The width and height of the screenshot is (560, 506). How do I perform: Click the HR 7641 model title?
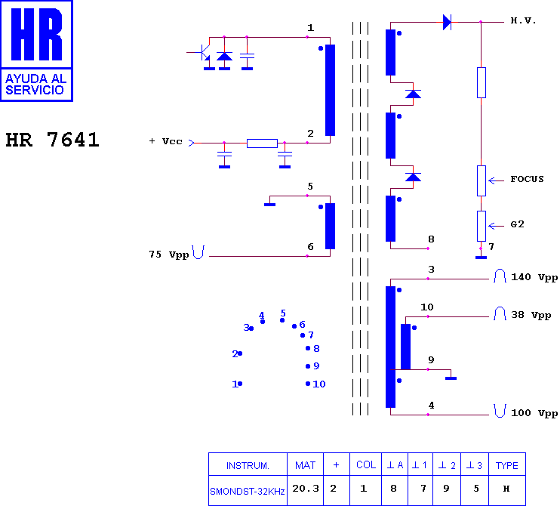(53, 140)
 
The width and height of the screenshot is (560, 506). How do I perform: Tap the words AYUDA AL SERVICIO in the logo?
(35, 85)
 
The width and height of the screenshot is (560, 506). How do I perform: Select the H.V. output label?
(523, 20)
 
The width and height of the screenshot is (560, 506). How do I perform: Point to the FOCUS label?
(527, 179)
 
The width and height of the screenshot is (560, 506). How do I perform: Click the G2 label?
(517, 224)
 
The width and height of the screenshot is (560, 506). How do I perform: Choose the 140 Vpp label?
(534, 277)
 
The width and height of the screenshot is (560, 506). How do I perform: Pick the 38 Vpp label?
(531, 315)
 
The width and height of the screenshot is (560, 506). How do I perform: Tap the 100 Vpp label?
(534, 413)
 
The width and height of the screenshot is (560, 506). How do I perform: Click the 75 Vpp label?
(169, 255)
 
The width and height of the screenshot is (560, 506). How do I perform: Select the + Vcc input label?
(166, 141)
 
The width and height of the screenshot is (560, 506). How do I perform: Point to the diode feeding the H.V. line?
(447, 22)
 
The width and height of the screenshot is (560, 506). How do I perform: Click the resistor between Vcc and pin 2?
(262, 143)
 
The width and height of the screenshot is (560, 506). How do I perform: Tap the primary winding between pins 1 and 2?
(330, 90)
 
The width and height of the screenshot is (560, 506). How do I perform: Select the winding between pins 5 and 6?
(330, 227)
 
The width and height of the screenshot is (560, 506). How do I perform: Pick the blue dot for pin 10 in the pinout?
(308, 384)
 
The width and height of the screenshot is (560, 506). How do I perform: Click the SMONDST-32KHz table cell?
(248, 492)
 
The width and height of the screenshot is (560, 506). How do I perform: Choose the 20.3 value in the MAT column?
(306, 489)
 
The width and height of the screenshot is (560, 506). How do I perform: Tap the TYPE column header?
(506, 465)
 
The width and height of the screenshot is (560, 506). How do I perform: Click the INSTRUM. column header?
(248, 466)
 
